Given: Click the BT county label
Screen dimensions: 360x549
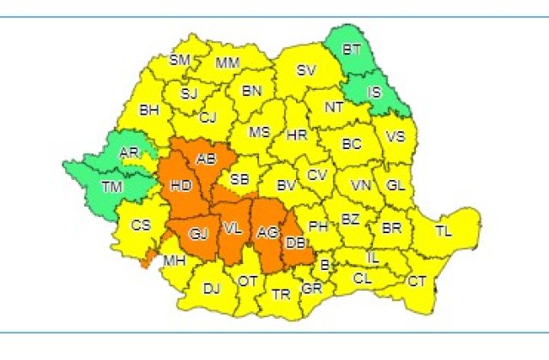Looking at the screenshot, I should point(352,50).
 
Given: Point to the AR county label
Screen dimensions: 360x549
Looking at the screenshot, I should point(130,153).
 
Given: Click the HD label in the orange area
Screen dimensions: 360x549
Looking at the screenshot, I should point(181,184).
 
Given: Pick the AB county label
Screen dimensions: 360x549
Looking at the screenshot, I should point(207,159).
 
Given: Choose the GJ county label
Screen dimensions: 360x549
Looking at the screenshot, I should point(199,232).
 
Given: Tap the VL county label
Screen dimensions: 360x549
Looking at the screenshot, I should point(232,228).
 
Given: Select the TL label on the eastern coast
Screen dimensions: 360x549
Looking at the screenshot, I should point(443,231).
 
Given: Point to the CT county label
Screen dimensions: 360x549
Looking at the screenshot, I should point(417,281).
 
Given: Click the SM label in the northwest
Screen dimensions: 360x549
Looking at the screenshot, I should point(179,60).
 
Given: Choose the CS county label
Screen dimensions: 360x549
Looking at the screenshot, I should point(141,225).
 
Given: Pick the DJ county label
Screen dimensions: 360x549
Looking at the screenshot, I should point(211,288).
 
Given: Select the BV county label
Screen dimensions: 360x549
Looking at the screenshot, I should point(286,183).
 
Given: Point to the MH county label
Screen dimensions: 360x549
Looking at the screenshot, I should point(174,261).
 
